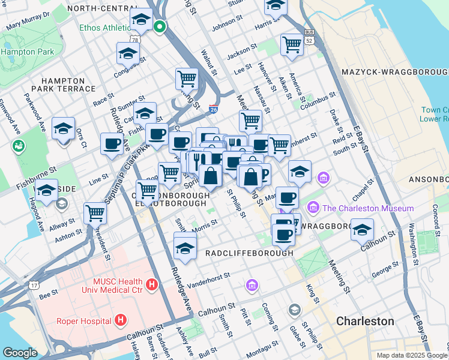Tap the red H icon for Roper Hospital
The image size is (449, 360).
(x=121, y=320)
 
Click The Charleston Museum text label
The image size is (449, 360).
(x=367, y=208)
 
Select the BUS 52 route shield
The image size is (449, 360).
(x=310, y=37)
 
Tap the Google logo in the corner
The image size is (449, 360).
(x=20, y=353)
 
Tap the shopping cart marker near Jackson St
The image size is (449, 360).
(x=291, y=44)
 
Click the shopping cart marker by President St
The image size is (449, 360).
(x=95, y=212)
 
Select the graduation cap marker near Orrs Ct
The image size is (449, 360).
(x=63, y=128)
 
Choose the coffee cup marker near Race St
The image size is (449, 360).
(x=112, y=144)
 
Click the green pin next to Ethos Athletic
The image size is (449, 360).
(x=160, y=27)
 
